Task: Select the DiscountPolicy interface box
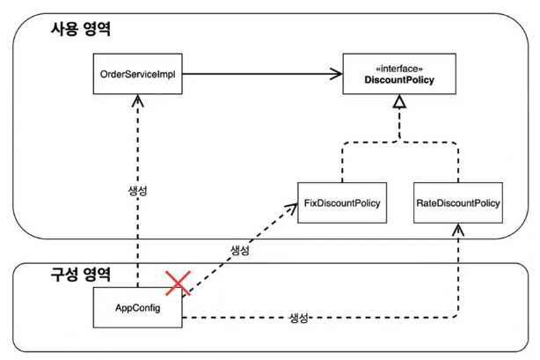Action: (x=400, y=76)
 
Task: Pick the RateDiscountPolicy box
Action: (x=457, y=203)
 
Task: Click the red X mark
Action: (x=179, y=283)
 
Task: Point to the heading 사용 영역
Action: (x=82, y=29)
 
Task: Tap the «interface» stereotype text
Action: (x=400, y=68)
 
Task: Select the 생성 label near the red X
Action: (x=239, y=251)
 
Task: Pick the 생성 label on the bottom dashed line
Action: (x=299, y=317)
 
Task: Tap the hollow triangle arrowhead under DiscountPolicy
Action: (x=400, y=104)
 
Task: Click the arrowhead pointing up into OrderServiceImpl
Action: (x=138, y=102)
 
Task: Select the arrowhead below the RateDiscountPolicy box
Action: (x=457, y=229)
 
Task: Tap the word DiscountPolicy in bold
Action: (x=400, y=81)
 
